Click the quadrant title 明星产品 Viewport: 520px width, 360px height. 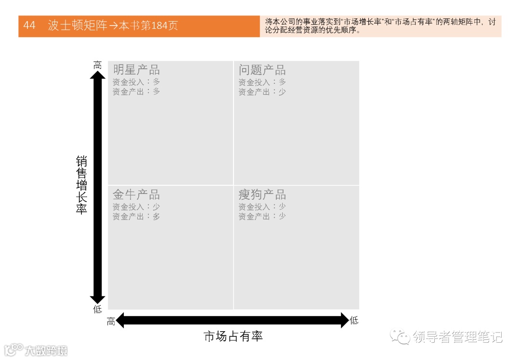coord(136,70)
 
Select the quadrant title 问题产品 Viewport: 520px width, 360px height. coord(262,70)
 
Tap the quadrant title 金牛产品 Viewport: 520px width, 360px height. coord(136,195)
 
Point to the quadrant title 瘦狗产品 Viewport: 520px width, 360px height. coord(262,195)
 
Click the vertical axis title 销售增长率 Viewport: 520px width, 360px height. coord(81,185)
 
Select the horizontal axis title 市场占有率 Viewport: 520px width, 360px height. coord(234,336)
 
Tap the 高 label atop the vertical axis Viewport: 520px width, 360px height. coord(98,65)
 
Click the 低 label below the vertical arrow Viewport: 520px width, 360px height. coord(98,309)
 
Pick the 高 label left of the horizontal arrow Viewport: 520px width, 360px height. coord(111,321)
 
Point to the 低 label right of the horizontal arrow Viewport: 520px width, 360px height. coord(354,321)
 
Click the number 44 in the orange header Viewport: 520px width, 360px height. coord(29,26)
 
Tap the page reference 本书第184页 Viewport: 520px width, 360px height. coord(148,26)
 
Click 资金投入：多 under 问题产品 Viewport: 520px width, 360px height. coord(262,82)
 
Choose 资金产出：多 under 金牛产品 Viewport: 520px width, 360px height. coord(136,217)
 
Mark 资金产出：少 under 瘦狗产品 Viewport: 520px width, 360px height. coord(262,217)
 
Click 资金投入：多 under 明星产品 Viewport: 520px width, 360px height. coord(136,82)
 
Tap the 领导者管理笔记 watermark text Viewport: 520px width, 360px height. coord(457,337)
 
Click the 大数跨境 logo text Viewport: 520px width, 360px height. coord(47,350)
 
